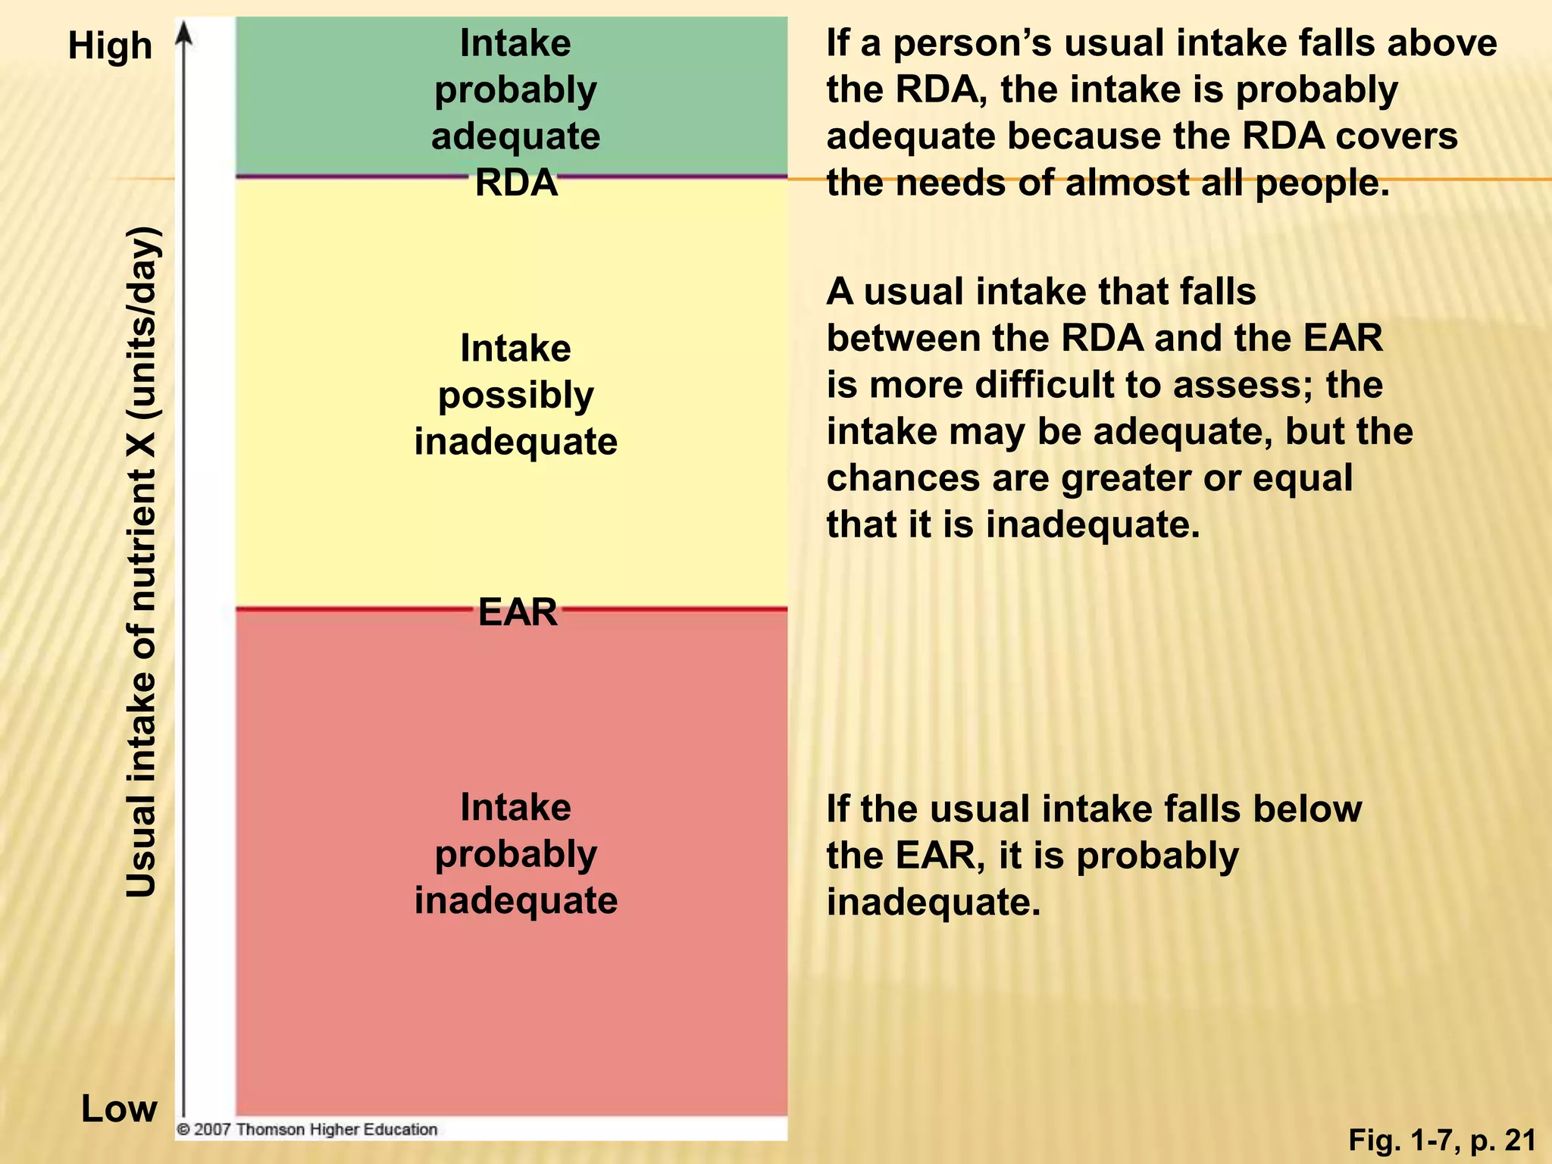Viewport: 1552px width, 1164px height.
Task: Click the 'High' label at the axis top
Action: (110, 45)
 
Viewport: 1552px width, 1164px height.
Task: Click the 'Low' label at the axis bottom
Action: (119, 1109)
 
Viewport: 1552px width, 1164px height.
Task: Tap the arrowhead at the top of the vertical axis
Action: (184, 34)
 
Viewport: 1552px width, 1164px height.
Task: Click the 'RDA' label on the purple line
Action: (516, 183)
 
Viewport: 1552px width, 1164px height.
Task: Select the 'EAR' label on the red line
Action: (518, 612)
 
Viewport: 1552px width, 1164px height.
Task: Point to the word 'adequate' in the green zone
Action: (515, 136)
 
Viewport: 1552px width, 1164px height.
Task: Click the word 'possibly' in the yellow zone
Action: (515, 396)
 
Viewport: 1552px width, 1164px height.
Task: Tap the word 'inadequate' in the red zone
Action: (515, 900)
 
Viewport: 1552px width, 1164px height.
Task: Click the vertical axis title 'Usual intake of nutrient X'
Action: (142, 561)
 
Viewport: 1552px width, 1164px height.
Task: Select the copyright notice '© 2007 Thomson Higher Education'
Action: (307, 1129)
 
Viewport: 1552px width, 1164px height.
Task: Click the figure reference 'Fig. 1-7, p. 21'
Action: (1442, 1139)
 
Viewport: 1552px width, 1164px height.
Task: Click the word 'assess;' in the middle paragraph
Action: (1243, 384)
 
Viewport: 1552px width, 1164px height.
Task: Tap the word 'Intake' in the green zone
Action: (515, 43)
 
